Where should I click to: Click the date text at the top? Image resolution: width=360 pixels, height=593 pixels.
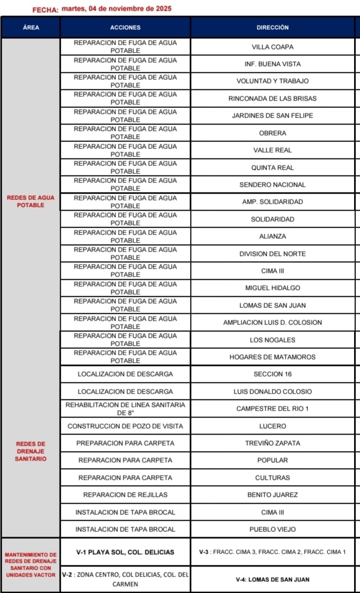point(116,9)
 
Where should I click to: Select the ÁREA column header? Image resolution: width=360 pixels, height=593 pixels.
point(31,27)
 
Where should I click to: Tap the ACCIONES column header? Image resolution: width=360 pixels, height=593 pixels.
point(125,27)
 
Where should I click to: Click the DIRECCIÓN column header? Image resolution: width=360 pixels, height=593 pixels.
point(272,27)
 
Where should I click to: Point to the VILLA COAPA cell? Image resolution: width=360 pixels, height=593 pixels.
point(272,47)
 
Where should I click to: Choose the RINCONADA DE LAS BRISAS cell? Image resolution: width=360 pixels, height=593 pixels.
point(272,98)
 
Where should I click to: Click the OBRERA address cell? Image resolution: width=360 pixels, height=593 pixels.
point(272,133)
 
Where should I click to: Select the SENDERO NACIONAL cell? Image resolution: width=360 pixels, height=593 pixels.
point(272,185)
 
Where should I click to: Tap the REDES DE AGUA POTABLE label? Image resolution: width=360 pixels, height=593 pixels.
point(31,201)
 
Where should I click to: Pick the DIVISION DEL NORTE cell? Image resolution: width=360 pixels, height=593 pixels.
point(272,254)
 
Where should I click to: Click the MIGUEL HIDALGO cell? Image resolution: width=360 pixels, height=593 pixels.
point(272,288)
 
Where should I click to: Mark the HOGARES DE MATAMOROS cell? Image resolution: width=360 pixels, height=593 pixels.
point(272,357)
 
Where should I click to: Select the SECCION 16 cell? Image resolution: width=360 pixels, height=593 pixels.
point(272,374)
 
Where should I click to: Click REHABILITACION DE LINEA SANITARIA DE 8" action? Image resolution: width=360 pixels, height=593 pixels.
point(125,408)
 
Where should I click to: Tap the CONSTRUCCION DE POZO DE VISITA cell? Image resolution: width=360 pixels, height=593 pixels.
point(125,426)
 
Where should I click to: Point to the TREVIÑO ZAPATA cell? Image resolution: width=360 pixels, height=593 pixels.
point(272,443)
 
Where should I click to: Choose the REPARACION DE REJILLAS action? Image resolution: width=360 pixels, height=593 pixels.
point(125,495)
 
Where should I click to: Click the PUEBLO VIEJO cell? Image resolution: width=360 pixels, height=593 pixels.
point(272,529)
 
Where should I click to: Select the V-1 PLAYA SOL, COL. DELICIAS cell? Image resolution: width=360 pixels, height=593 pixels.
point(125,552)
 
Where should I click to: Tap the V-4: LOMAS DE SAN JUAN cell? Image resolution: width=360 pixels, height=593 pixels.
point(272,579)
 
